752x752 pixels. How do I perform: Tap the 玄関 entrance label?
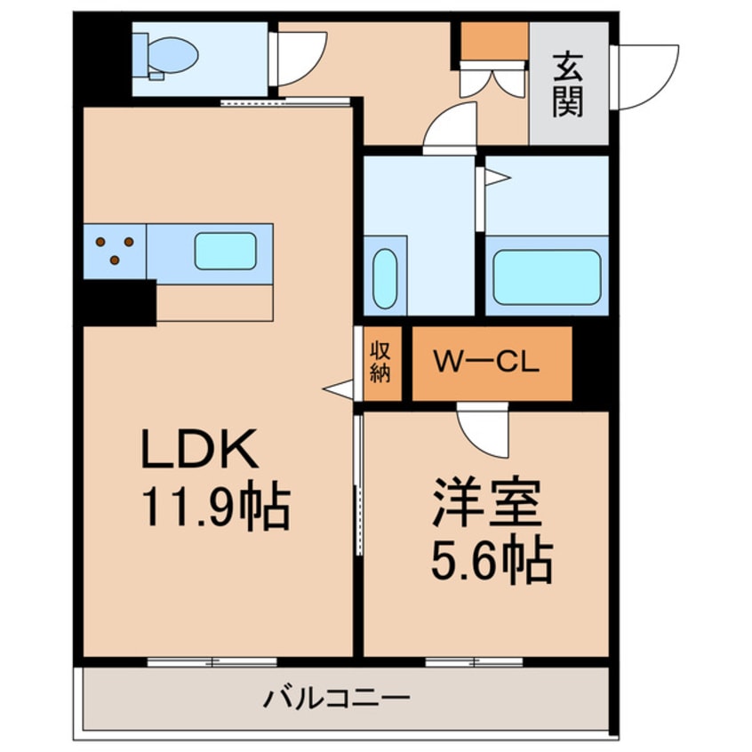click(568, 85)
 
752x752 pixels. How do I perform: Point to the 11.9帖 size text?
click(213, 508)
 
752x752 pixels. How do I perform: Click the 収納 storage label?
click(380, 362)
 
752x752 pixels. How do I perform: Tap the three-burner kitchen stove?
click(115, 250)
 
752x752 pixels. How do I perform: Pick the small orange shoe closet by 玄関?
click(494, 41)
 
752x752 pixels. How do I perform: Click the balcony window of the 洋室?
click(474, 661)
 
